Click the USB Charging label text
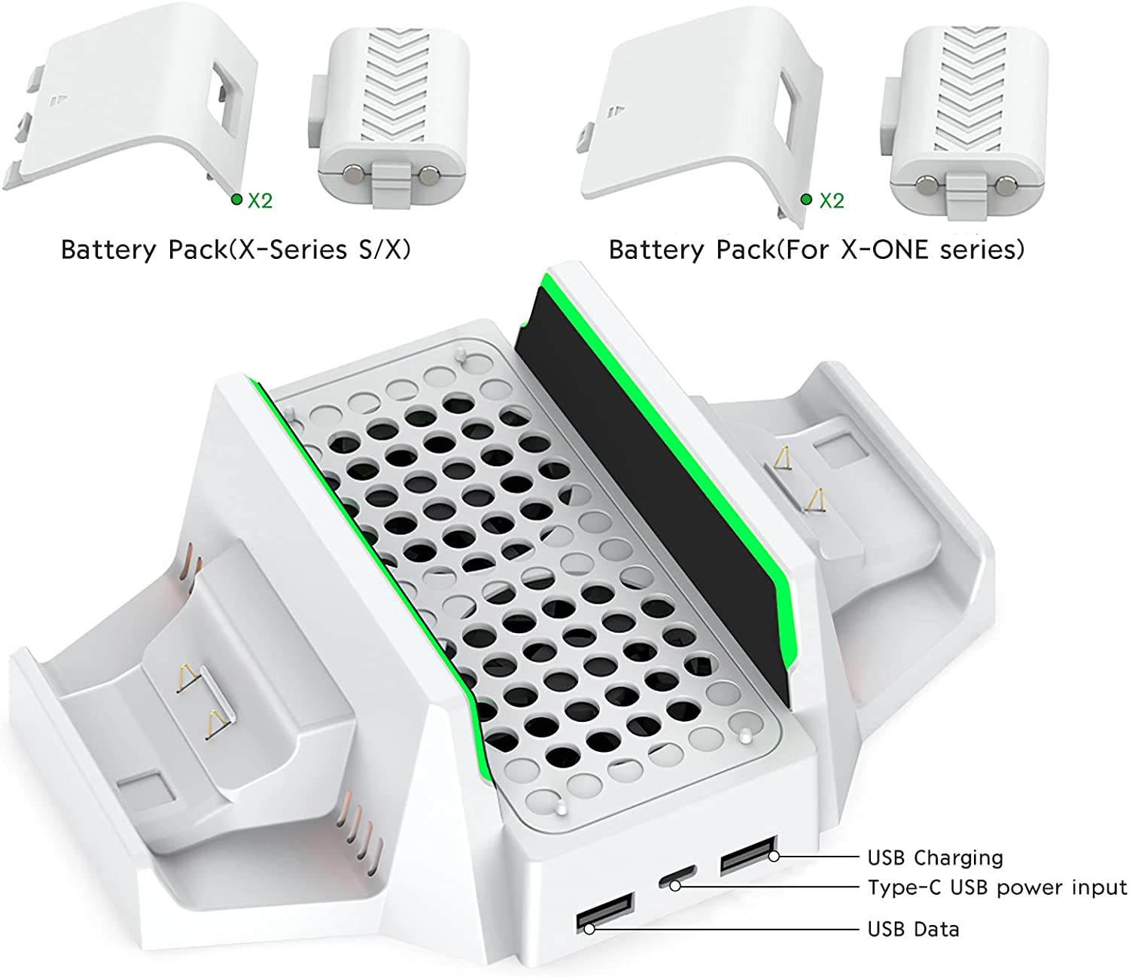(935, 858)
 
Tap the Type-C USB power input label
(997, 887)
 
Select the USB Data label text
(913, 929)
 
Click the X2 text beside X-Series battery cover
(260, 200)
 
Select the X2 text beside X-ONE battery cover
(832, 200)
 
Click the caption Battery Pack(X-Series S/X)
(236, 250)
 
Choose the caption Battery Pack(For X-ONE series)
(817, 250)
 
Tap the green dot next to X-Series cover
(236, 199)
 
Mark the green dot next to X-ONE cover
(806, 199)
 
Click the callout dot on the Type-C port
(676, 887)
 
